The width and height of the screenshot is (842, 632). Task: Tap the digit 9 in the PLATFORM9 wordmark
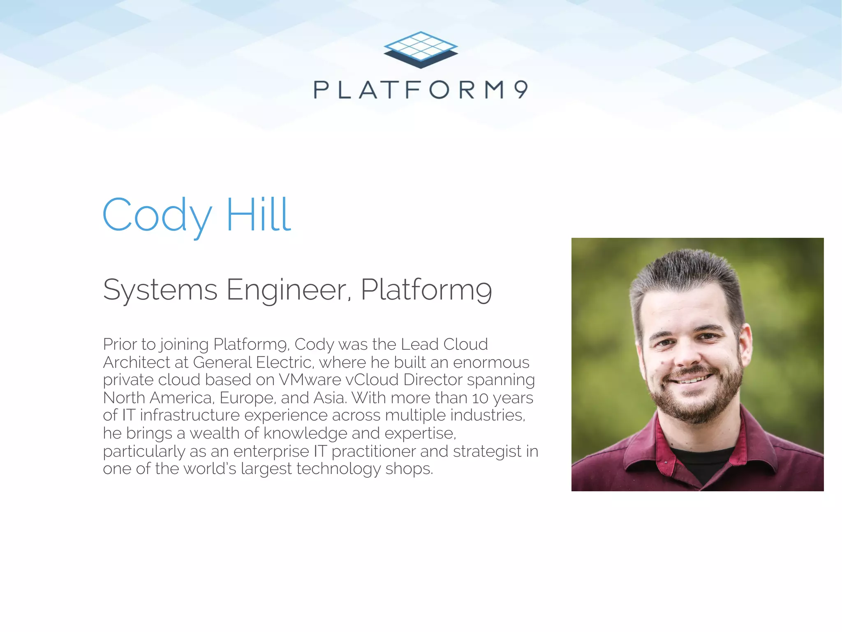(x=521, y=89)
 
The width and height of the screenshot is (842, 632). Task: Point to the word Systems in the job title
(x=160, y=290)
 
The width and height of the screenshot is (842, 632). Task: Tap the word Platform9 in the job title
(x=426, y=290)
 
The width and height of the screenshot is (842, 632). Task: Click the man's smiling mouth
(x=692, y=379)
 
